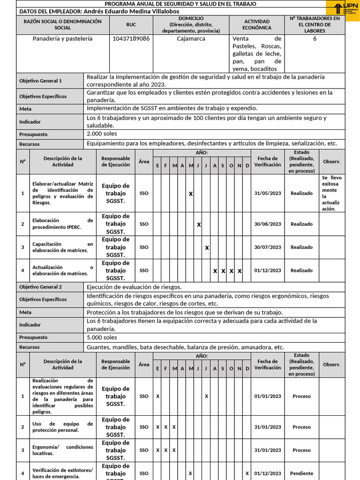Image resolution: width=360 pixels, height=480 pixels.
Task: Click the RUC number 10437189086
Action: (131, 39)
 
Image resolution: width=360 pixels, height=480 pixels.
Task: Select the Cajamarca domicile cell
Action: (191, 39)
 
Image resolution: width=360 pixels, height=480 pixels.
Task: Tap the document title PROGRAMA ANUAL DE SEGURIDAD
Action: (180, 4)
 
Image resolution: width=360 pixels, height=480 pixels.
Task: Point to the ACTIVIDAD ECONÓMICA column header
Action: (257, 25)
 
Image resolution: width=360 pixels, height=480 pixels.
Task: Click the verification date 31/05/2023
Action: (268, 193)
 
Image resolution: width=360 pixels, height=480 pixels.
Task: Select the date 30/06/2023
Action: (268, 224)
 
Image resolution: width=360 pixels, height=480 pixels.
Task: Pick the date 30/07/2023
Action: (268, 247)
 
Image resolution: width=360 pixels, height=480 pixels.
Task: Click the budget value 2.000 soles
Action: (102, 134)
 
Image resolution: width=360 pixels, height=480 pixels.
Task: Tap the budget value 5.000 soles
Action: (102, 337)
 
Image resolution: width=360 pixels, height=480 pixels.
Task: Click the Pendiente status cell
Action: (301, 473)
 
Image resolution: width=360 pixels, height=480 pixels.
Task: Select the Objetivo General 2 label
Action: (40, 287)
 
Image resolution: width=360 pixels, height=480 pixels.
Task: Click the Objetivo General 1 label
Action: (40, 81)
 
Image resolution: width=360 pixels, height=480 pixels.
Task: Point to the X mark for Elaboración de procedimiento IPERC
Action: (199, 225)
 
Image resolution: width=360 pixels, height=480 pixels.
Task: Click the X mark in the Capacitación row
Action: (207, 248)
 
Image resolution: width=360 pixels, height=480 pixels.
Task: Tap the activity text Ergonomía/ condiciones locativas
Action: (62, 450)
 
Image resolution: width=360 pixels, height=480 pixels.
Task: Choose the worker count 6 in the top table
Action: (315, 39)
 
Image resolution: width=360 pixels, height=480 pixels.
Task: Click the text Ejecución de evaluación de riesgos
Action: (134, 287)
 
